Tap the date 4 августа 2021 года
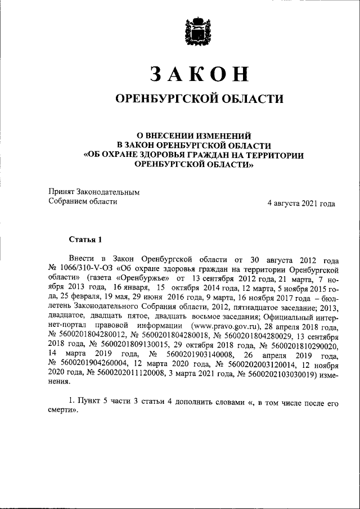(x=301, y=203)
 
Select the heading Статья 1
(x=85, y=240)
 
